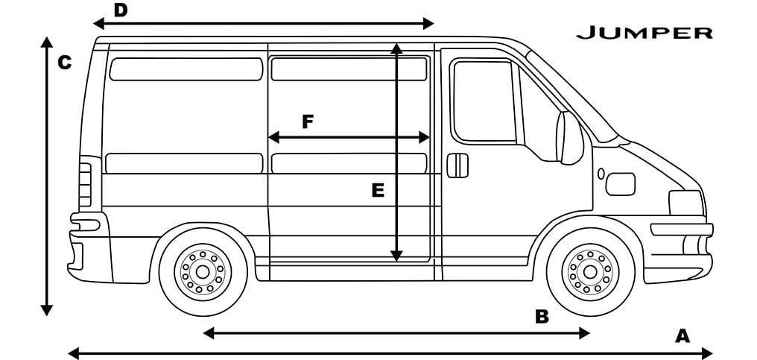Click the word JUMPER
(x=644, y=33)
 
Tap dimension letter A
(x=682, y=336)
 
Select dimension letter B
(x=542, y=317)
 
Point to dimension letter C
(x=65, y=63)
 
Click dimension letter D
(x=120, y=10)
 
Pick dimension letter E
(x=378, y=192)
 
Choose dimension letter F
(x=308, y=121)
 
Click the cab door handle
(x=457, y=165)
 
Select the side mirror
(x=571, y=138)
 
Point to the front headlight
(x=685, y=203)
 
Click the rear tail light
(x=85, y=185)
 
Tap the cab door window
(x=484, y=101)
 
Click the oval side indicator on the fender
(x=601, y=174)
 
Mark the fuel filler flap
(x=620, y=183)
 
